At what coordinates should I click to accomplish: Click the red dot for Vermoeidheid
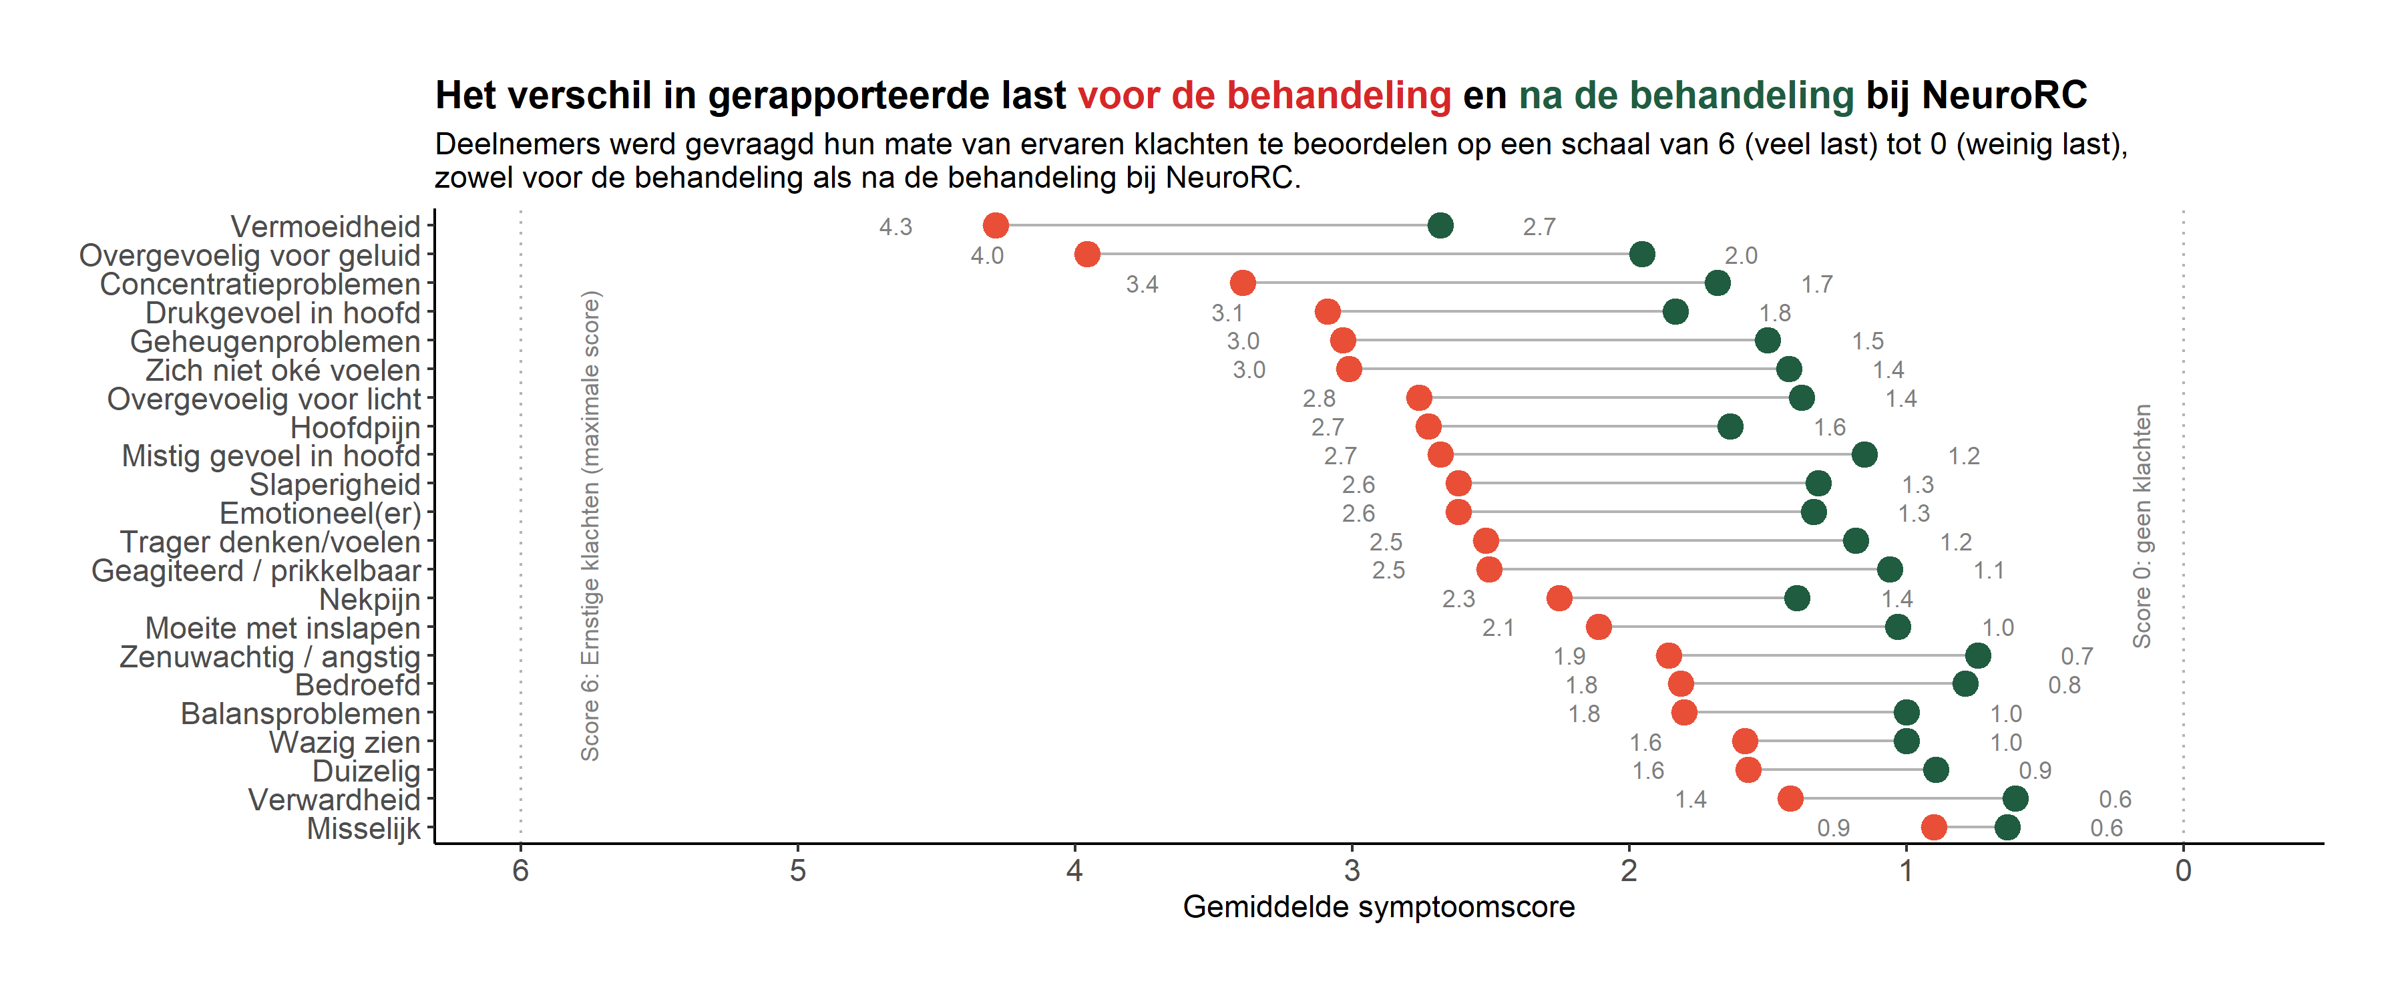[996, 225]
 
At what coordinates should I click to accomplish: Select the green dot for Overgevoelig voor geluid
[1641, 253]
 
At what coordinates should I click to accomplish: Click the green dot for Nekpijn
[1796, 598]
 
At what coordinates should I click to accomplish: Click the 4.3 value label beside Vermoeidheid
[895, 227]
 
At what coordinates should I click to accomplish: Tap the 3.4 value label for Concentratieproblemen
[1141, 284]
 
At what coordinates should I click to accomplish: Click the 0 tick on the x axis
[2183, 870]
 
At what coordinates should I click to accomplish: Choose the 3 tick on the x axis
[1352, 870]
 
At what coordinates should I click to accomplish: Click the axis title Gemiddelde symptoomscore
[1378, 906]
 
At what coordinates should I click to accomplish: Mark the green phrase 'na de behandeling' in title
[1685, 96]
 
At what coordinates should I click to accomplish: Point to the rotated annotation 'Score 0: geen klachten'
[2142, 526]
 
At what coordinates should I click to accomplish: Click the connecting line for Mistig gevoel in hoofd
[1652, 455]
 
